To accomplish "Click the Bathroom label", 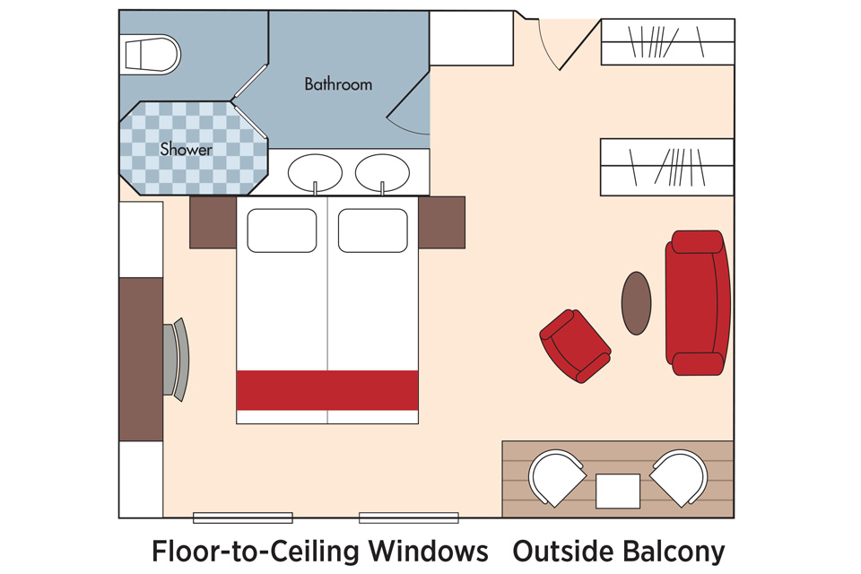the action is pyautogui.click(x=338, y=84).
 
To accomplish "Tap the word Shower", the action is pyautogui.click(x=187, y=149).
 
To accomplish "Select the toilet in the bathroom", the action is pyautogui.click(x=150, y=55).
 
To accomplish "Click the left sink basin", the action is pyautogui.click(x=315, y=173).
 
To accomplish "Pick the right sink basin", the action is pyautogui.click(x=382, y=173).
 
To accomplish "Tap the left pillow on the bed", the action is pyautogui.click(x=282, y=230).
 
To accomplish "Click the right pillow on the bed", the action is pyautogui.click(x=373, y=230).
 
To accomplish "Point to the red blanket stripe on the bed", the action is pyautogui.click(x=327, y=390).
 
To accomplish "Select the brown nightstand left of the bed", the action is pyautogui.click(x=213, y=222).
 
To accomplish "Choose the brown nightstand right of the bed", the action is pyautogui.click(x=442, y=222).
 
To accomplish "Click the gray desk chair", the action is pyautogui.click(x=177, y=360).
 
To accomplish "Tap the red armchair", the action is pyautogui.click(x=575, y=346).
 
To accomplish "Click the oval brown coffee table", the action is pyautogui.click(x=637, y=303).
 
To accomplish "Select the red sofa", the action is pyautogui.click(x=698, y=302).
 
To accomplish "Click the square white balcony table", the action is pyautogui.click(x=618, y=491).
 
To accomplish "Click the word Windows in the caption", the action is pyautogui.click(x=429, y=551).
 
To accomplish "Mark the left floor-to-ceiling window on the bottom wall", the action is pyautogui.click(x=243, y=517).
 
